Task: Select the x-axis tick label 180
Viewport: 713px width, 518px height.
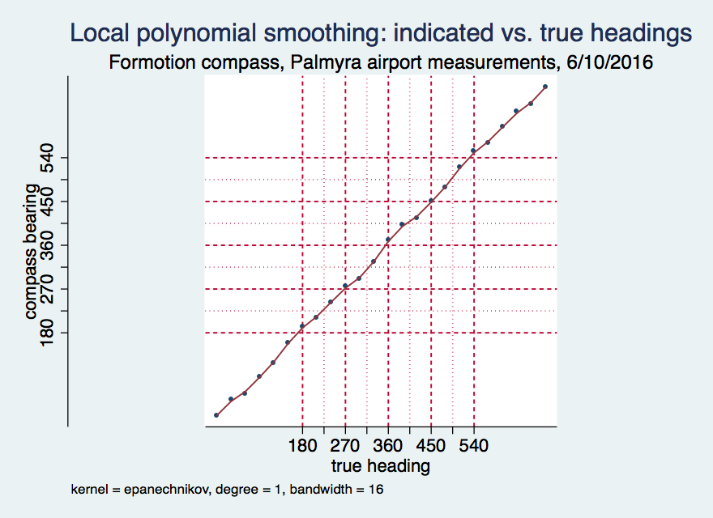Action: [x=302, y=446]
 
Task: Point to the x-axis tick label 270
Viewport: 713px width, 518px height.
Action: [x=345, y=446]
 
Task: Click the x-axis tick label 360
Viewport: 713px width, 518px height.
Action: [x=388, y=446]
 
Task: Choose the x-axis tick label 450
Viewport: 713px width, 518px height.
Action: [x=431, y=446]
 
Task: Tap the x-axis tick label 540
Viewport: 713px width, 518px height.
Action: [x=474, y=446]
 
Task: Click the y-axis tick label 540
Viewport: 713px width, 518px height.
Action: [x=48, y=158]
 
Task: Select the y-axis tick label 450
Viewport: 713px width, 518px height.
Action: [x=48, y=202]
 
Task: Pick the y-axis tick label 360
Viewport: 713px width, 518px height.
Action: [x=48, y=245]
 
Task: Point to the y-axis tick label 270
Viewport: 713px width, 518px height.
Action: [x=48, y=289]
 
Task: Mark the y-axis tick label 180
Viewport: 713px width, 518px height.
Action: [x=48, y=333]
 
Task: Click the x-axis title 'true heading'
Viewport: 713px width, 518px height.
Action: [x=380, y=466]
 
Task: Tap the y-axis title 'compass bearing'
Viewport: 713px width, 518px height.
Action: [x=31, y=252]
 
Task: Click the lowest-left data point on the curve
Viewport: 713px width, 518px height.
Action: [x=216, y=415]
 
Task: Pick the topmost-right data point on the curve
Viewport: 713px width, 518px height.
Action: [x=545, y=87]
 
